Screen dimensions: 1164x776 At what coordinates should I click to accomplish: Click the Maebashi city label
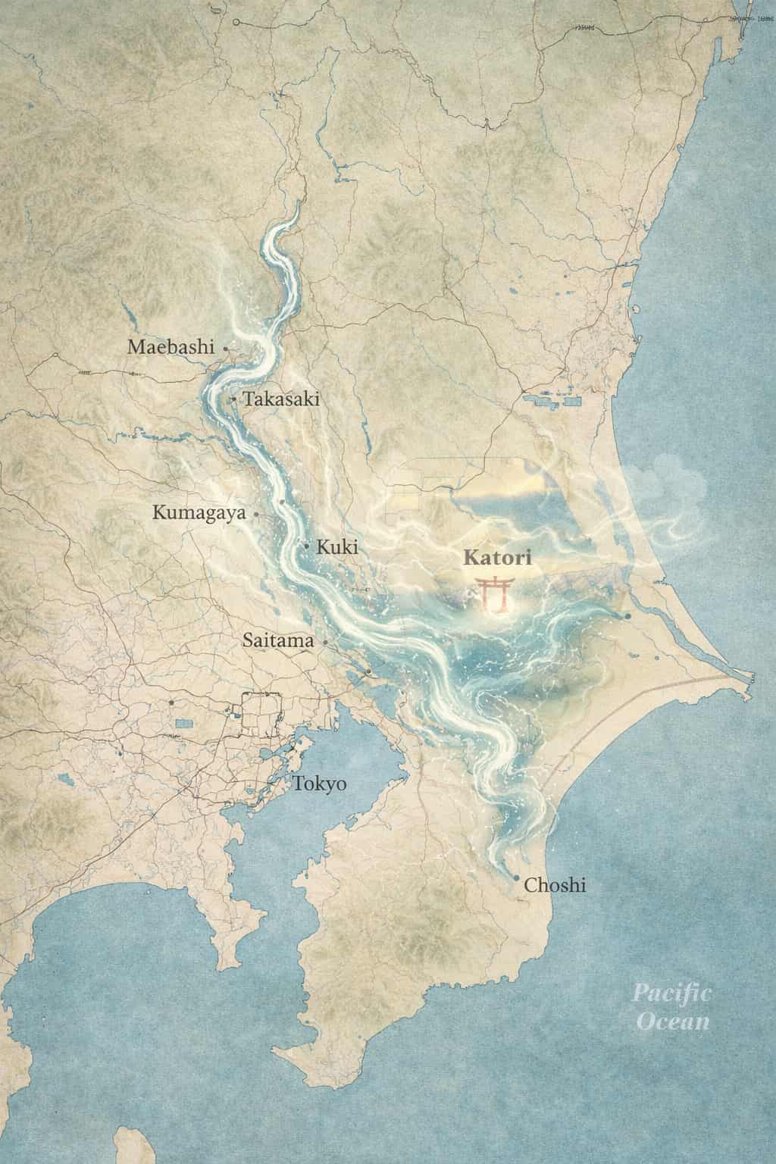click(171, 348)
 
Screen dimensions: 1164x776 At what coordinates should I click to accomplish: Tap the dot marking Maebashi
click(226, 348)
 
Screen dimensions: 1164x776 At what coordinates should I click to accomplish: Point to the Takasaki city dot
click(233, 399)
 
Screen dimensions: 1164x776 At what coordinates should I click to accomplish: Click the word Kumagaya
click(199, 513)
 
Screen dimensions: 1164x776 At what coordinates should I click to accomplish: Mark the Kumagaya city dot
click(256, 514)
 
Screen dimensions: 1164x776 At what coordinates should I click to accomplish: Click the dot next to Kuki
click(306, 546)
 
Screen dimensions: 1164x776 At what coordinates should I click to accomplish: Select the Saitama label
click(278, 641)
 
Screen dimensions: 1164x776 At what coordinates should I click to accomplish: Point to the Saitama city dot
click(325, 643)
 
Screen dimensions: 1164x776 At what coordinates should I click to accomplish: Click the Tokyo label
click(320, 784)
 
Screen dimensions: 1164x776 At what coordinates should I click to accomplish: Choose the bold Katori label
click(497, 559)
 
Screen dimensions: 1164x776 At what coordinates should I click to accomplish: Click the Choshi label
click(555, 884)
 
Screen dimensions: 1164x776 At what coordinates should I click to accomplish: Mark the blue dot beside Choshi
click(517, 879)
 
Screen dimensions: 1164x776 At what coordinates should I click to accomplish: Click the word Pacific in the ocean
click(671, 993)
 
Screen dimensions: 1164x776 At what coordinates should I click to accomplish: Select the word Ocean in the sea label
click(673, 1022)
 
